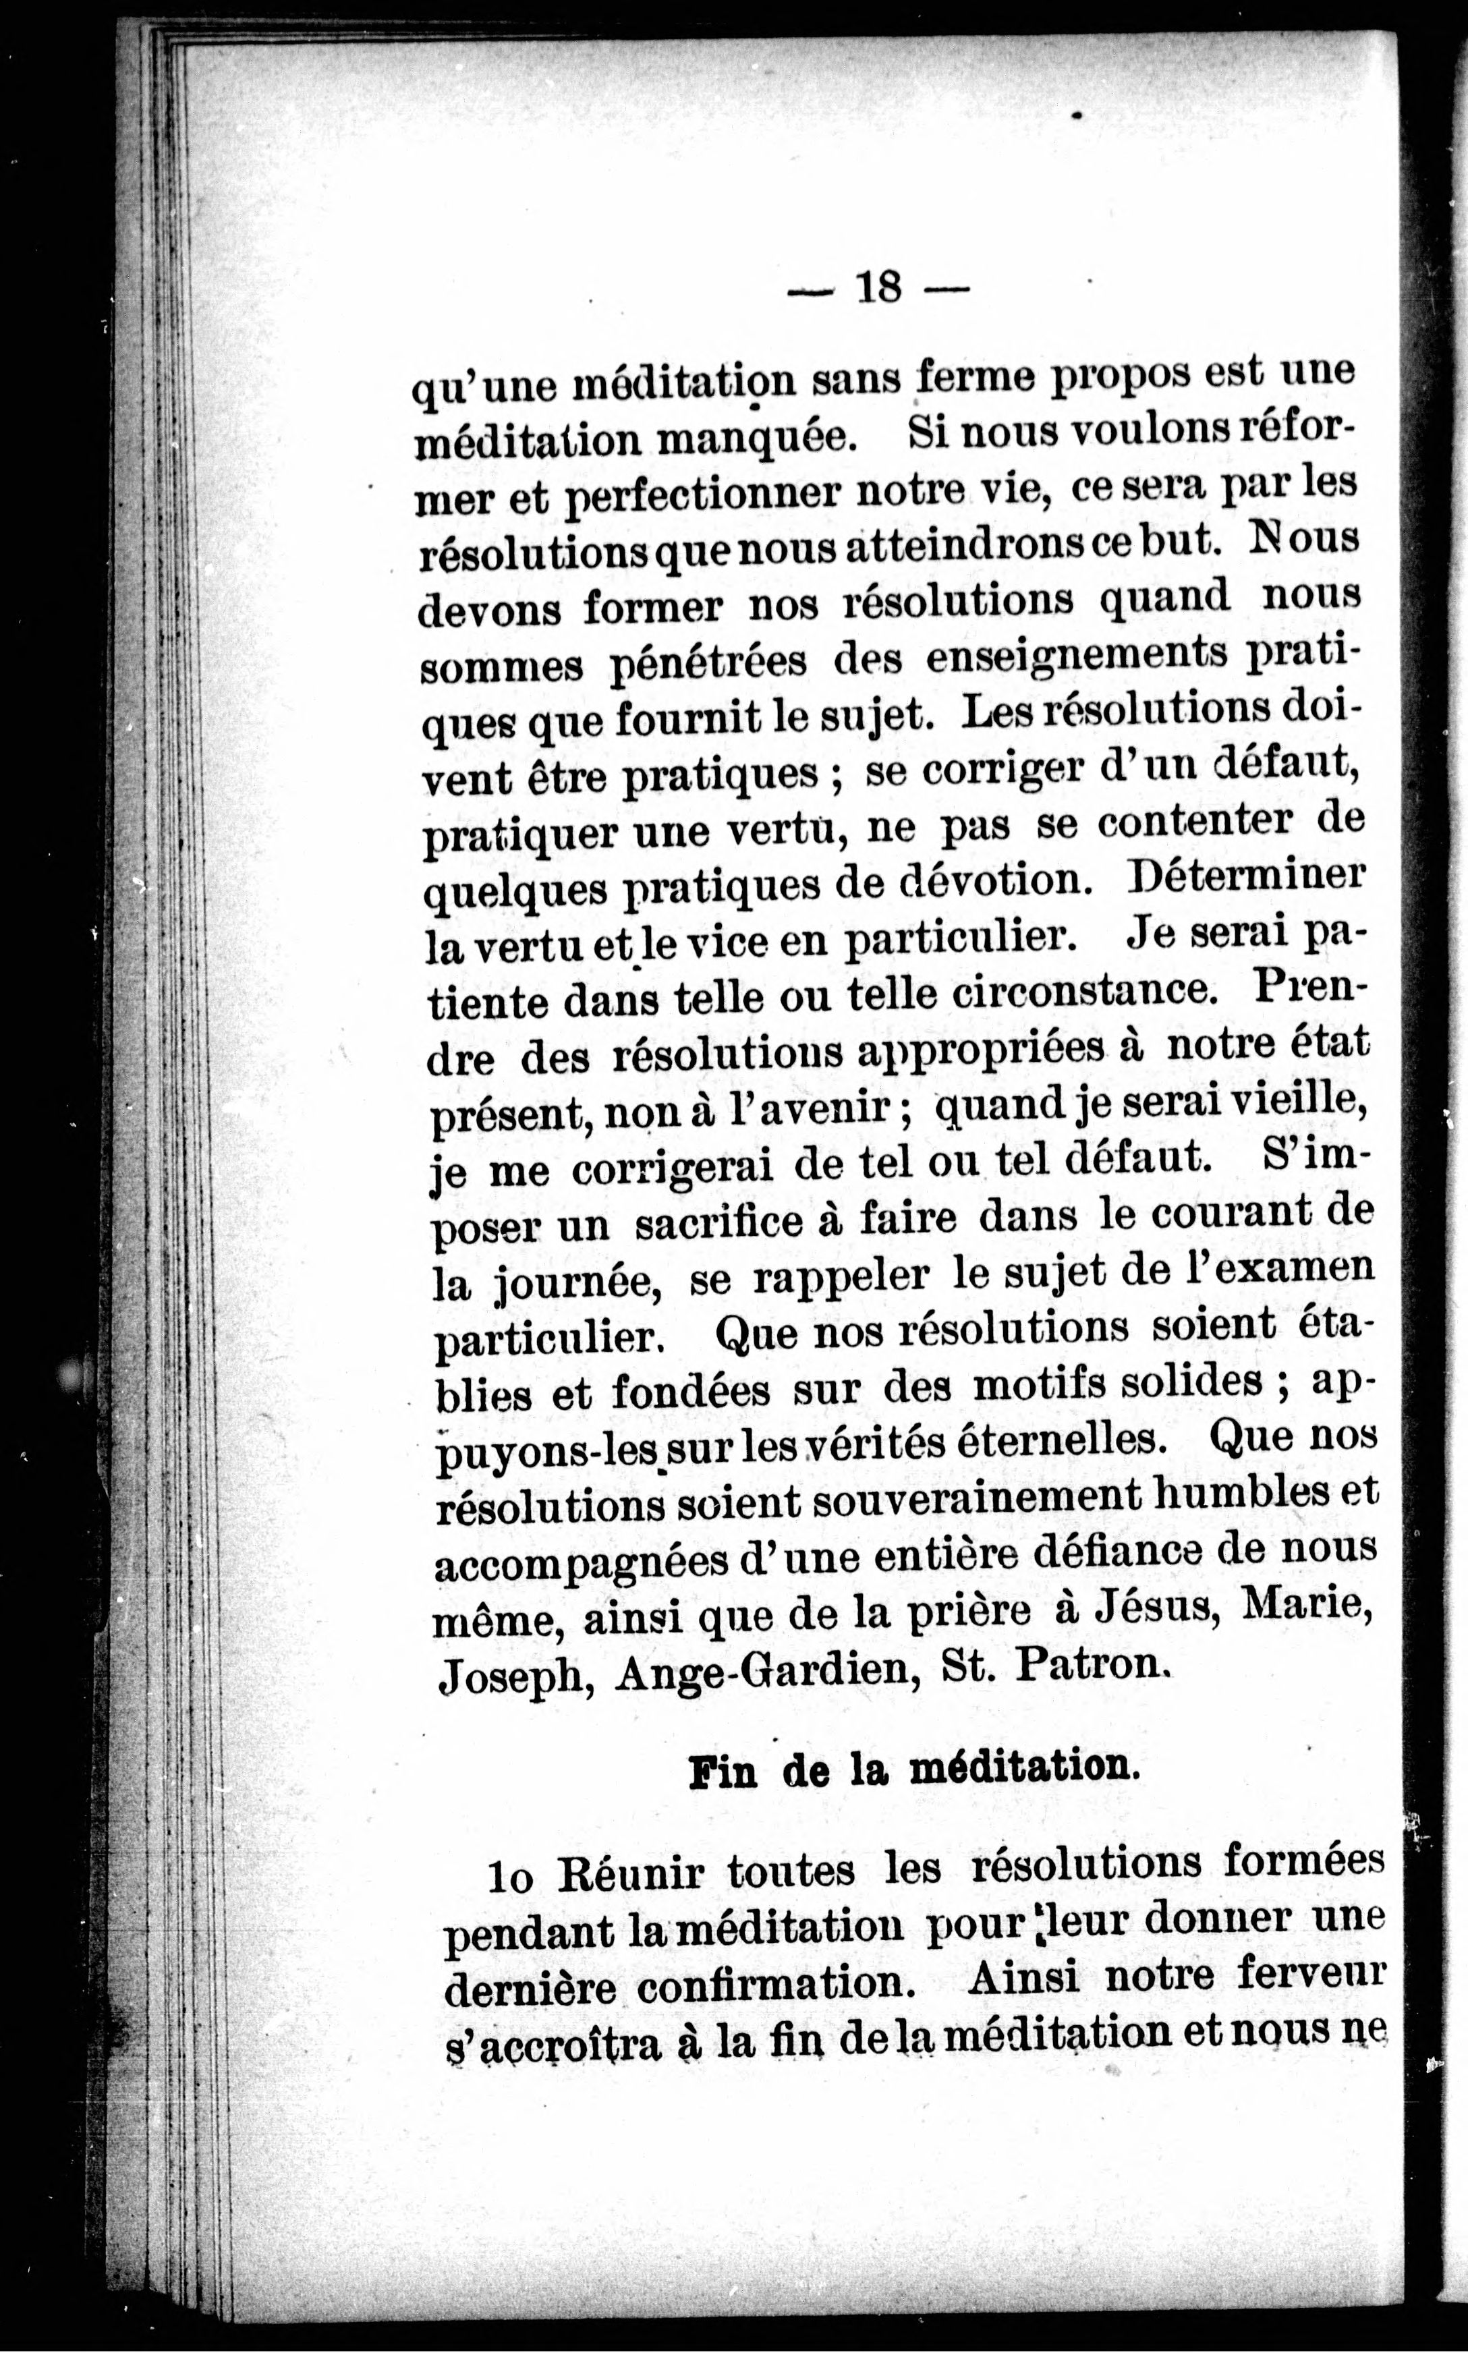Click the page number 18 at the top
click(878, 287)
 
